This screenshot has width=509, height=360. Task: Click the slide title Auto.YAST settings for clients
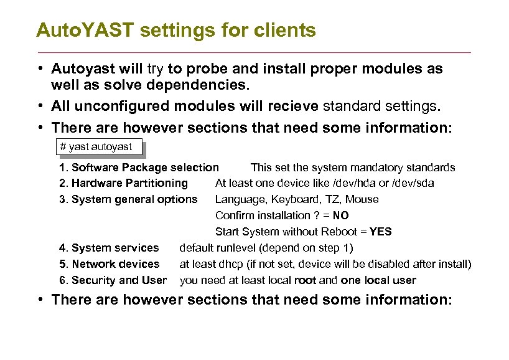point(176,30)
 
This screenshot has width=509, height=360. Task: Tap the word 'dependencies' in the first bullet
point(199,83)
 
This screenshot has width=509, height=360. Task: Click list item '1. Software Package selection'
point(139,168)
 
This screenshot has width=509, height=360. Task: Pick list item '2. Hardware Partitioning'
point(123,183)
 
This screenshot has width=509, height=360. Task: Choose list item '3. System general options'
point(128,199)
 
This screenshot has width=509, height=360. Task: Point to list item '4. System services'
point(109,248)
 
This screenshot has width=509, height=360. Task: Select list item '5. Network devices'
point(109,264)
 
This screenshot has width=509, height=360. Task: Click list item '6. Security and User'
point(113,280)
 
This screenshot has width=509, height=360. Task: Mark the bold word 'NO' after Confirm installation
point(340,216)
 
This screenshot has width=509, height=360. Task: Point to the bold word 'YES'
point(380,232)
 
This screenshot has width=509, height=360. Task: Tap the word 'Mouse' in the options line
point(362,199)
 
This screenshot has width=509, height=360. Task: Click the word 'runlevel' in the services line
point(238,248)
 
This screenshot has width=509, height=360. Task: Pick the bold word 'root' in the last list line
point(305,280)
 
